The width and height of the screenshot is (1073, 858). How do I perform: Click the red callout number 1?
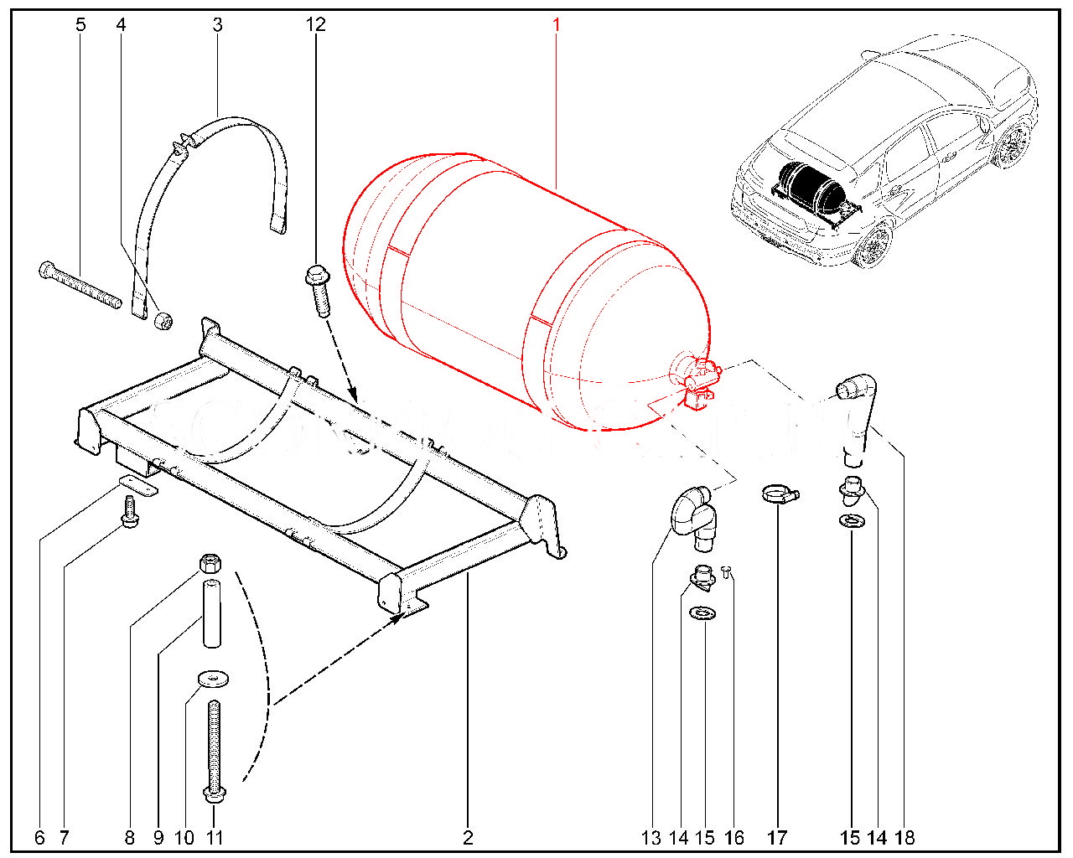click(x=556, y=24)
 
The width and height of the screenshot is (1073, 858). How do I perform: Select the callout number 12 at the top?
click(x=315, y=24)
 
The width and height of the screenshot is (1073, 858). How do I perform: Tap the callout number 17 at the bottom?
click(x=777, y=837)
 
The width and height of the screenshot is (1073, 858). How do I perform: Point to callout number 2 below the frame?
click(x=468, y=837)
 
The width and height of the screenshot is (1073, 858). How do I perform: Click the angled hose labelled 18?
click(x=857, y=415)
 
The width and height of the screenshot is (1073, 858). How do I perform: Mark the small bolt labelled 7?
click(x=129, y=511)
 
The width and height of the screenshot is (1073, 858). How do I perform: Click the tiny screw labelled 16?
click(x=726, y=571)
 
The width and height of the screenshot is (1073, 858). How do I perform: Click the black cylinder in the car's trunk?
click(x=805, y=187)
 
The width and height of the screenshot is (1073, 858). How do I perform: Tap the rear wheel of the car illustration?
click(x=873, y=245)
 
